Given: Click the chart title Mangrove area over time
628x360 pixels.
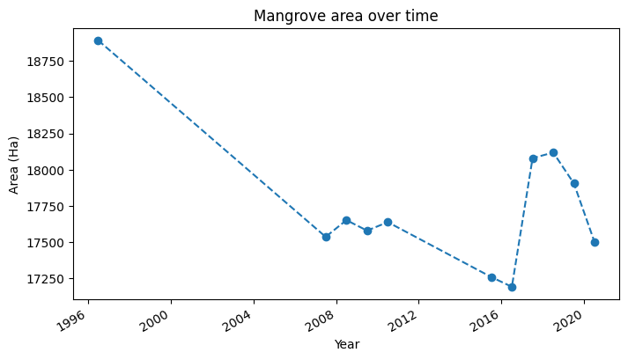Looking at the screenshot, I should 345,16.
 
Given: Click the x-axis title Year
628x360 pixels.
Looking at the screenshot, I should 346,345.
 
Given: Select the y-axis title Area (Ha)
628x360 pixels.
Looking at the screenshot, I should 14,165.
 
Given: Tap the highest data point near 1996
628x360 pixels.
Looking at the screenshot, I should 98,40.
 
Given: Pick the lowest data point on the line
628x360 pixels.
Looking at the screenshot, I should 512,287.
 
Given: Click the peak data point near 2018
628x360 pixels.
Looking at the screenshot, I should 553,152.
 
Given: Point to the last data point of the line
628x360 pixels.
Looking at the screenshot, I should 595,242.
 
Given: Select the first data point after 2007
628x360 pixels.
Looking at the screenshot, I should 326,237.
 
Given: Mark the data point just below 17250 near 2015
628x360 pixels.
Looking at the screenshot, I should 491,277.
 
